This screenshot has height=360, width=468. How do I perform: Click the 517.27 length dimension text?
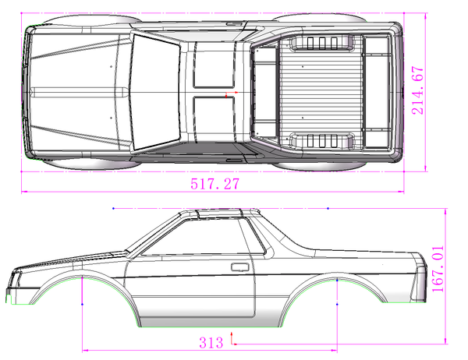click(215, 185)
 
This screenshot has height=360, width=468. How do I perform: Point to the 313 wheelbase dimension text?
click(211, 341)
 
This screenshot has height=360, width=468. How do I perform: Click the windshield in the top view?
click(154, 92)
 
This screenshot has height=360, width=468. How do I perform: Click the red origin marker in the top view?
click(229, 94)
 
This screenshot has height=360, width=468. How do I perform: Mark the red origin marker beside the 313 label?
click(232, 339)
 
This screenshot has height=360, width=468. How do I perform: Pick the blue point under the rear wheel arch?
click(336, 303)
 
